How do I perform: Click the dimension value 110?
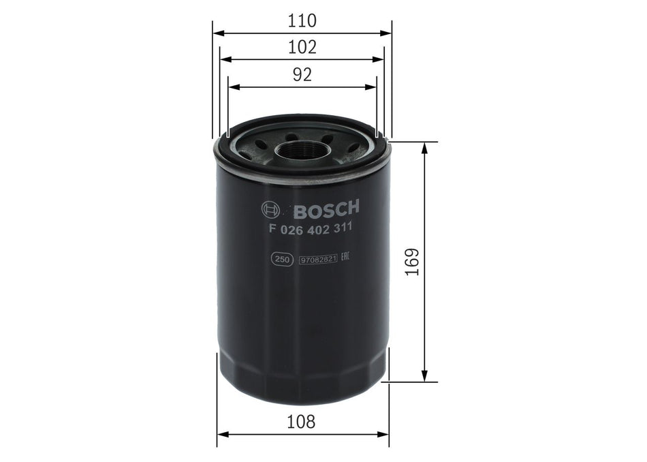[x=302, y=20]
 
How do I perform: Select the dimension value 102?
[x=302, y=48]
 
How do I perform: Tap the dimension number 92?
[x=302, y=75]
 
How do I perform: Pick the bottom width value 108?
[x=302, y=422]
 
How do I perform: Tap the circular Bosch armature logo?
[x=269, y=209]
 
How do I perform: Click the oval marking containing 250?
[x=279, y=259]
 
